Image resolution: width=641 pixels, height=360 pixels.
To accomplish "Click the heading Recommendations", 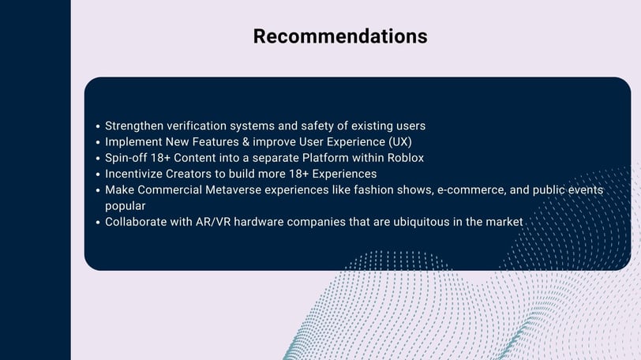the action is click(340, 36).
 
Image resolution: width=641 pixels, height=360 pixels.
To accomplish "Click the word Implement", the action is click(133, 142).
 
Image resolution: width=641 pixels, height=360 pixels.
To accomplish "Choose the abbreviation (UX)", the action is click(399, 142).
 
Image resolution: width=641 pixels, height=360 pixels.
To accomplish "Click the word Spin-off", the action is click(126, 158).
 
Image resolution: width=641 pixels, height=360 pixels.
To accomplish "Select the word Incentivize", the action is click(133, 174).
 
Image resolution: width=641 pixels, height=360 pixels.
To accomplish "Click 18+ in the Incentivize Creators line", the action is click(299, 174).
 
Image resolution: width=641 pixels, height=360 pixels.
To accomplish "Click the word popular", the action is click(125, 206).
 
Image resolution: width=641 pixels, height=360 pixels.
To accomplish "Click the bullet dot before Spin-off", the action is click(98, 159).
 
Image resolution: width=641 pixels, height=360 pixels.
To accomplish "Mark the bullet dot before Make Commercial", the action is click(98, 190).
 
